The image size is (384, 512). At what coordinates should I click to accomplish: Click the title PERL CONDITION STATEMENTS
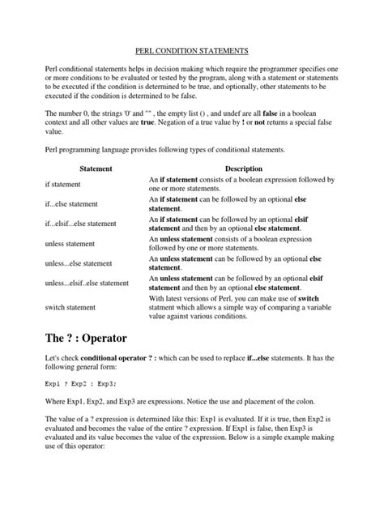click(x=191, y=50)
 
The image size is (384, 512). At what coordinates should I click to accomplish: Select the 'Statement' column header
click(x=96, y=168)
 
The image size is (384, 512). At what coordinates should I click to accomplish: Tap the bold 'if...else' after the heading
click(x=269, y=361)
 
